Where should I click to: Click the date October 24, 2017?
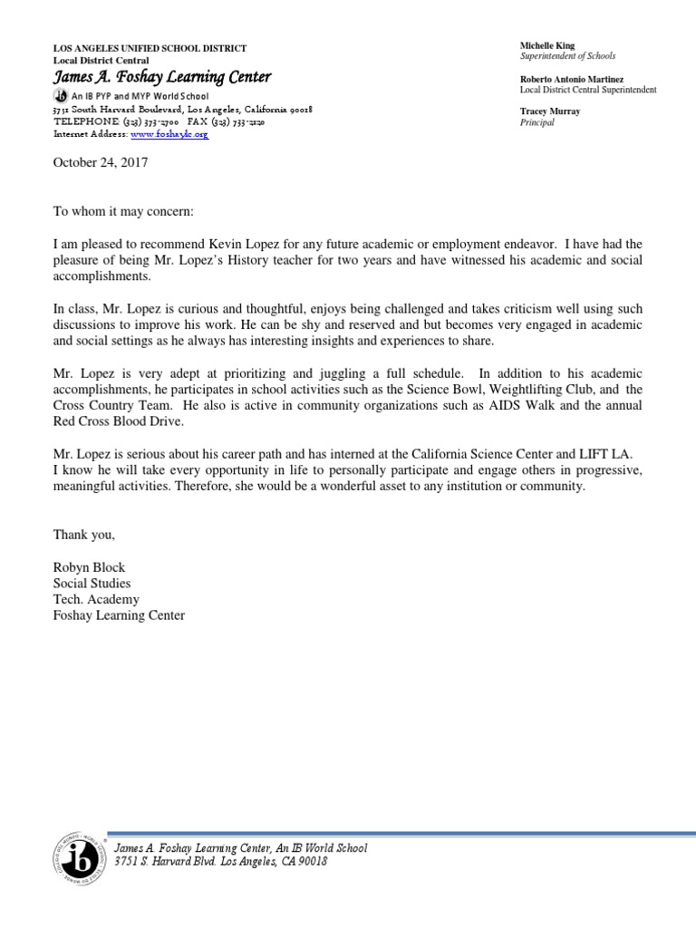[100, 163]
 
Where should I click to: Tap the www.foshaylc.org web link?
[169, 133]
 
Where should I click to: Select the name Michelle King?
[546, 44]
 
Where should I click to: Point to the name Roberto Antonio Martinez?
[571, 79]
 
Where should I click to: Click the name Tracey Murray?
[550, 111]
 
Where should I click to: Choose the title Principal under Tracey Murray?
[536, 122]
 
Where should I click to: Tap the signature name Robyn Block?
[89, 567]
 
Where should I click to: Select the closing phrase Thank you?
[83, 535]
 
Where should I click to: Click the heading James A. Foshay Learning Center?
[161, 78]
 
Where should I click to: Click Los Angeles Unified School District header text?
[150, 48]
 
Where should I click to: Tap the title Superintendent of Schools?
[567, 55]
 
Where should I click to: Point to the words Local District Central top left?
[101, 60]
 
